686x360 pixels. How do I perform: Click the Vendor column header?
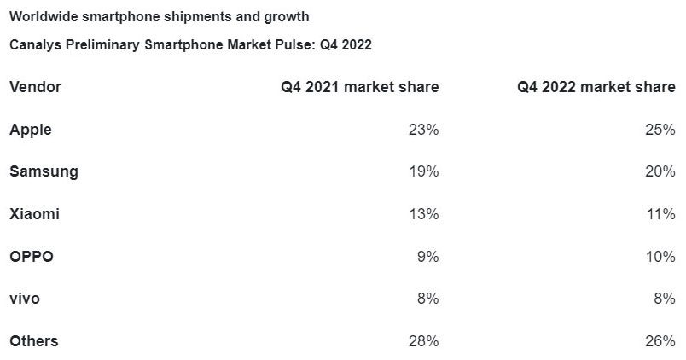tap(35, 87)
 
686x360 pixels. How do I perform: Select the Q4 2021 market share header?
tap(360, 87)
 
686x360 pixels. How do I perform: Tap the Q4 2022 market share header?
tap(596, 87)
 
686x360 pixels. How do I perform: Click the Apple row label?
tap(31, 130)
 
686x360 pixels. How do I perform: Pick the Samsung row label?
tap(44, 171)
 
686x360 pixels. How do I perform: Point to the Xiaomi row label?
tap(34, 214)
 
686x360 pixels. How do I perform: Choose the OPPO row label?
tap(32, 257)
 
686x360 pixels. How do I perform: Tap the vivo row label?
tap(25, 299)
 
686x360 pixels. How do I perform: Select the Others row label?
tap(34, 341)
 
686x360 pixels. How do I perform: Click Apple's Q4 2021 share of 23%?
tap(424, 130)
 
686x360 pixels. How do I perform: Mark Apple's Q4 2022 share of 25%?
tap(660, 130)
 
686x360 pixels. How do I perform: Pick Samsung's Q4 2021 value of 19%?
tap(424, 171)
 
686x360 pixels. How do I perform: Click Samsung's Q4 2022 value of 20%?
tap(660, 171)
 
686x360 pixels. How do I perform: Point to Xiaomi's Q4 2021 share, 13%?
tap(424, 214)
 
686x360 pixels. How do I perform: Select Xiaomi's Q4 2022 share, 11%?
tap(660, 214)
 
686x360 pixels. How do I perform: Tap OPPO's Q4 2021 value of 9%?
tap(428, 257)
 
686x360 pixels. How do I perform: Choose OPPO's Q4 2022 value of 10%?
tap(660, 257)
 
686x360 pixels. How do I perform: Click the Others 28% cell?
tap(424, 341)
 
